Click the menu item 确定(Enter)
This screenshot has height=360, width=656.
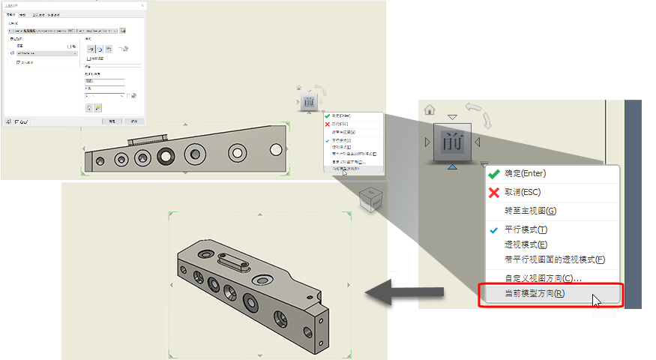point(525,173)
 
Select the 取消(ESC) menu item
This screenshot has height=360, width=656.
point(525,192)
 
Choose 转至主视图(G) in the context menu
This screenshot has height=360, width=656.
point(531,211)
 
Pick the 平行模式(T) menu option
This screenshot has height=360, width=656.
point(526,229)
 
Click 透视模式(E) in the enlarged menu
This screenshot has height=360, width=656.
point(526,244)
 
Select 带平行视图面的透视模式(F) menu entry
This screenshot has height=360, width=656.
point(555,259)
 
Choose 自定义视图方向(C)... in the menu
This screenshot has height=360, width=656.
point(543,278)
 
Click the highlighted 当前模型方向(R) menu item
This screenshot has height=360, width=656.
point(535,294)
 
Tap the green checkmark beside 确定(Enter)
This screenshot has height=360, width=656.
point(493,173)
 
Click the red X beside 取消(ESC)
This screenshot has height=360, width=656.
point(493,192)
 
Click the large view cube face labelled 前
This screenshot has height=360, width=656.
point(452,142)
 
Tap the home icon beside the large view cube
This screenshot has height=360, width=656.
point(430,109)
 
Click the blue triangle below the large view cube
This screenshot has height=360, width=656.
point(452,166)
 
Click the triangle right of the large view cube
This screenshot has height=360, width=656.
point(478,142)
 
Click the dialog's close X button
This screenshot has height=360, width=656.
point(143,5)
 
